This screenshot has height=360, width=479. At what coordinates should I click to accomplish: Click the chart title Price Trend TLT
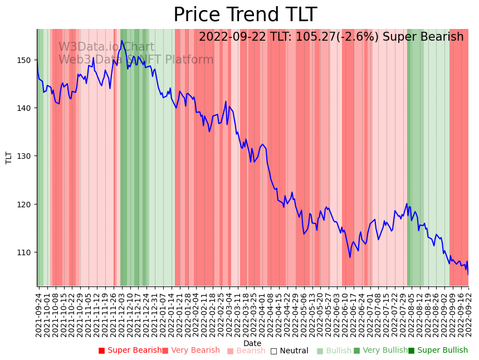(x=245, y=15)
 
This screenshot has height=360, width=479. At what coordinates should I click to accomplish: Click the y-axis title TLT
(x=8, y=158)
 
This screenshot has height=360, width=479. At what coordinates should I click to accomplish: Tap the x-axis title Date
(x=252, y=343)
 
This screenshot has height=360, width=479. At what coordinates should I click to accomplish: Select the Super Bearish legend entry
(x=130, y=351)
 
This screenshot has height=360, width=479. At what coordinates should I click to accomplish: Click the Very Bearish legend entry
(x=191, y=351)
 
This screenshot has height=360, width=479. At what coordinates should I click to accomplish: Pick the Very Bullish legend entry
(x=381, y=351)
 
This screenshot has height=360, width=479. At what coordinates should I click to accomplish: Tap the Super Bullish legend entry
(x=438, y=351)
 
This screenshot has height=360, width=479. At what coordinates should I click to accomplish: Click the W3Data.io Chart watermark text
(x=106, y=47)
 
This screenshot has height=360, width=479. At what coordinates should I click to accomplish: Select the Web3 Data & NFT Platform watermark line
(x=136, y=60)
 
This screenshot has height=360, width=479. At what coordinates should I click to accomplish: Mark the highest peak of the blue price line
(x=121, y=41)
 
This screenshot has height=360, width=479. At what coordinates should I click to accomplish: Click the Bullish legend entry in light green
(x=335, y=351)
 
